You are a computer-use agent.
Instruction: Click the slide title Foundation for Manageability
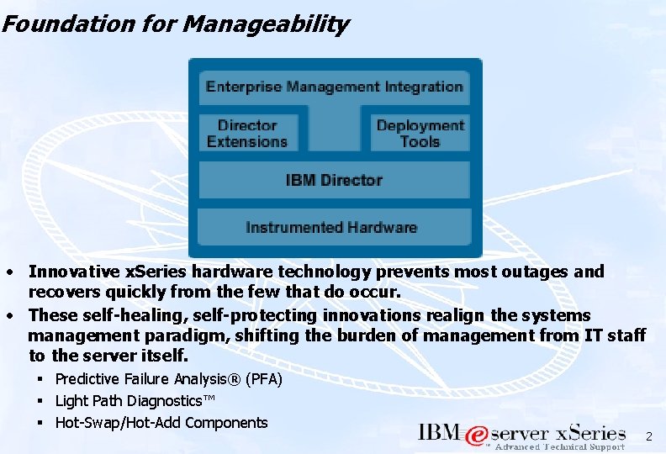click(x=175, y=24)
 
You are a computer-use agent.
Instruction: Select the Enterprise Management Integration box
click(x=334, y=87)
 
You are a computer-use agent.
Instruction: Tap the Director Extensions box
click(x=247, y=134)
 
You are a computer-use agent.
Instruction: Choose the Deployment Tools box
click(x=420, y=134)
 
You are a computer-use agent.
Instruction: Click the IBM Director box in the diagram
click(x=334, y=180)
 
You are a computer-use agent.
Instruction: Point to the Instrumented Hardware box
click(x=331, y=227)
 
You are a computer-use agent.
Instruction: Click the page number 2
click(x=648, y=436)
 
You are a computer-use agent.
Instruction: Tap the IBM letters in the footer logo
click(x=439, y=433)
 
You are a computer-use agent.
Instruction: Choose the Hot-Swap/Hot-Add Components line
click(x=161, y=423)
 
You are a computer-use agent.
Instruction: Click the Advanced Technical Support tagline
click(x=559, y=447)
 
